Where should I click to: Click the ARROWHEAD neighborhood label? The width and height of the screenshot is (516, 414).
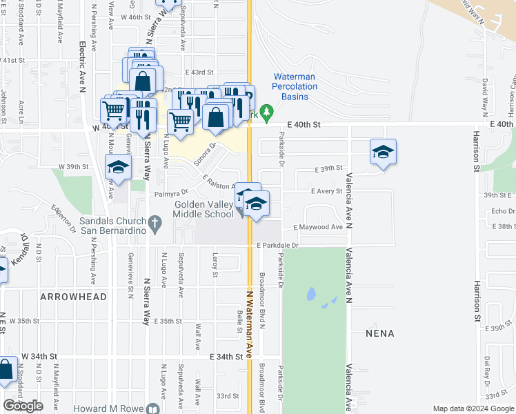[x=73, y=297]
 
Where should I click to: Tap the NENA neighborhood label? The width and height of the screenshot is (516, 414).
[x=380, y=333]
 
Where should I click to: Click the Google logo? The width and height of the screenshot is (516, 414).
[x=23, y=406]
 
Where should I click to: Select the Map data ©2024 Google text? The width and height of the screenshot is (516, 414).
[x=473, y=408]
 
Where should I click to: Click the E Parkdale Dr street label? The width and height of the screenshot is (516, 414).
[x=277, y=246]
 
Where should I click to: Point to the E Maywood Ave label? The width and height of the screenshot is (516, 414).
[x=318, y=227]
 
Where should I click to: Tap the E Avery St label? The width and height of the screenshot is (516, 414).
[x=326, y=191]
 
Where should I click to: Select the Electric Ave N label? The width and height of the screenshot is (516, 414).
[x=81, y=66]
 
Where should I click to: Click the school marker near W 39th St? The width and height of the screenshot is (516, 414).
[x=118, y=168]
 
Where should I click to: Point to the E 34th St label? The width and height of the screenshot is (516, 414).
[x=227, y=357]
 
